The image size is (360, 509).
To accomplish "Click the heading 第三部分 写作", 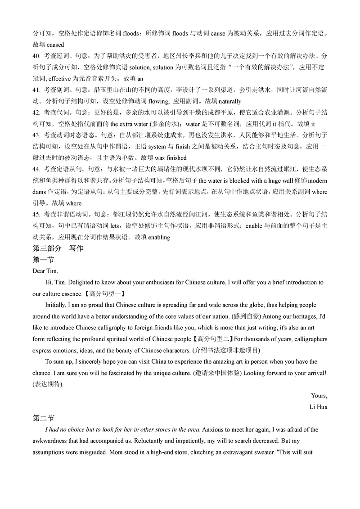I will click(58, 248).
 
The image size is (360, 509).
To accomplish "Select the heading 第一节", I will click(44, 260).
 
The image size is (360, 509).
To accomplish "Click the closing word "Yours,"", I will click(319, 396).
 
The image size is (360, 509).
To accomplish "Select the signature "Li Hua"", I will click(318, 407).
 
